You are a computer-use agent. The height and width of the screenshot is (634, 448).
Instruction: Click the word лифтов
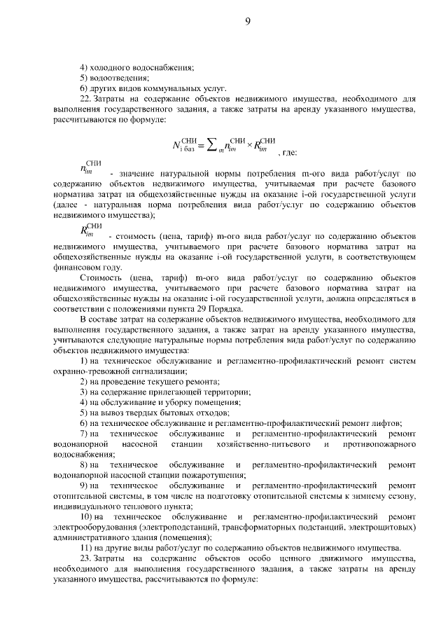pos(386,423)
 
